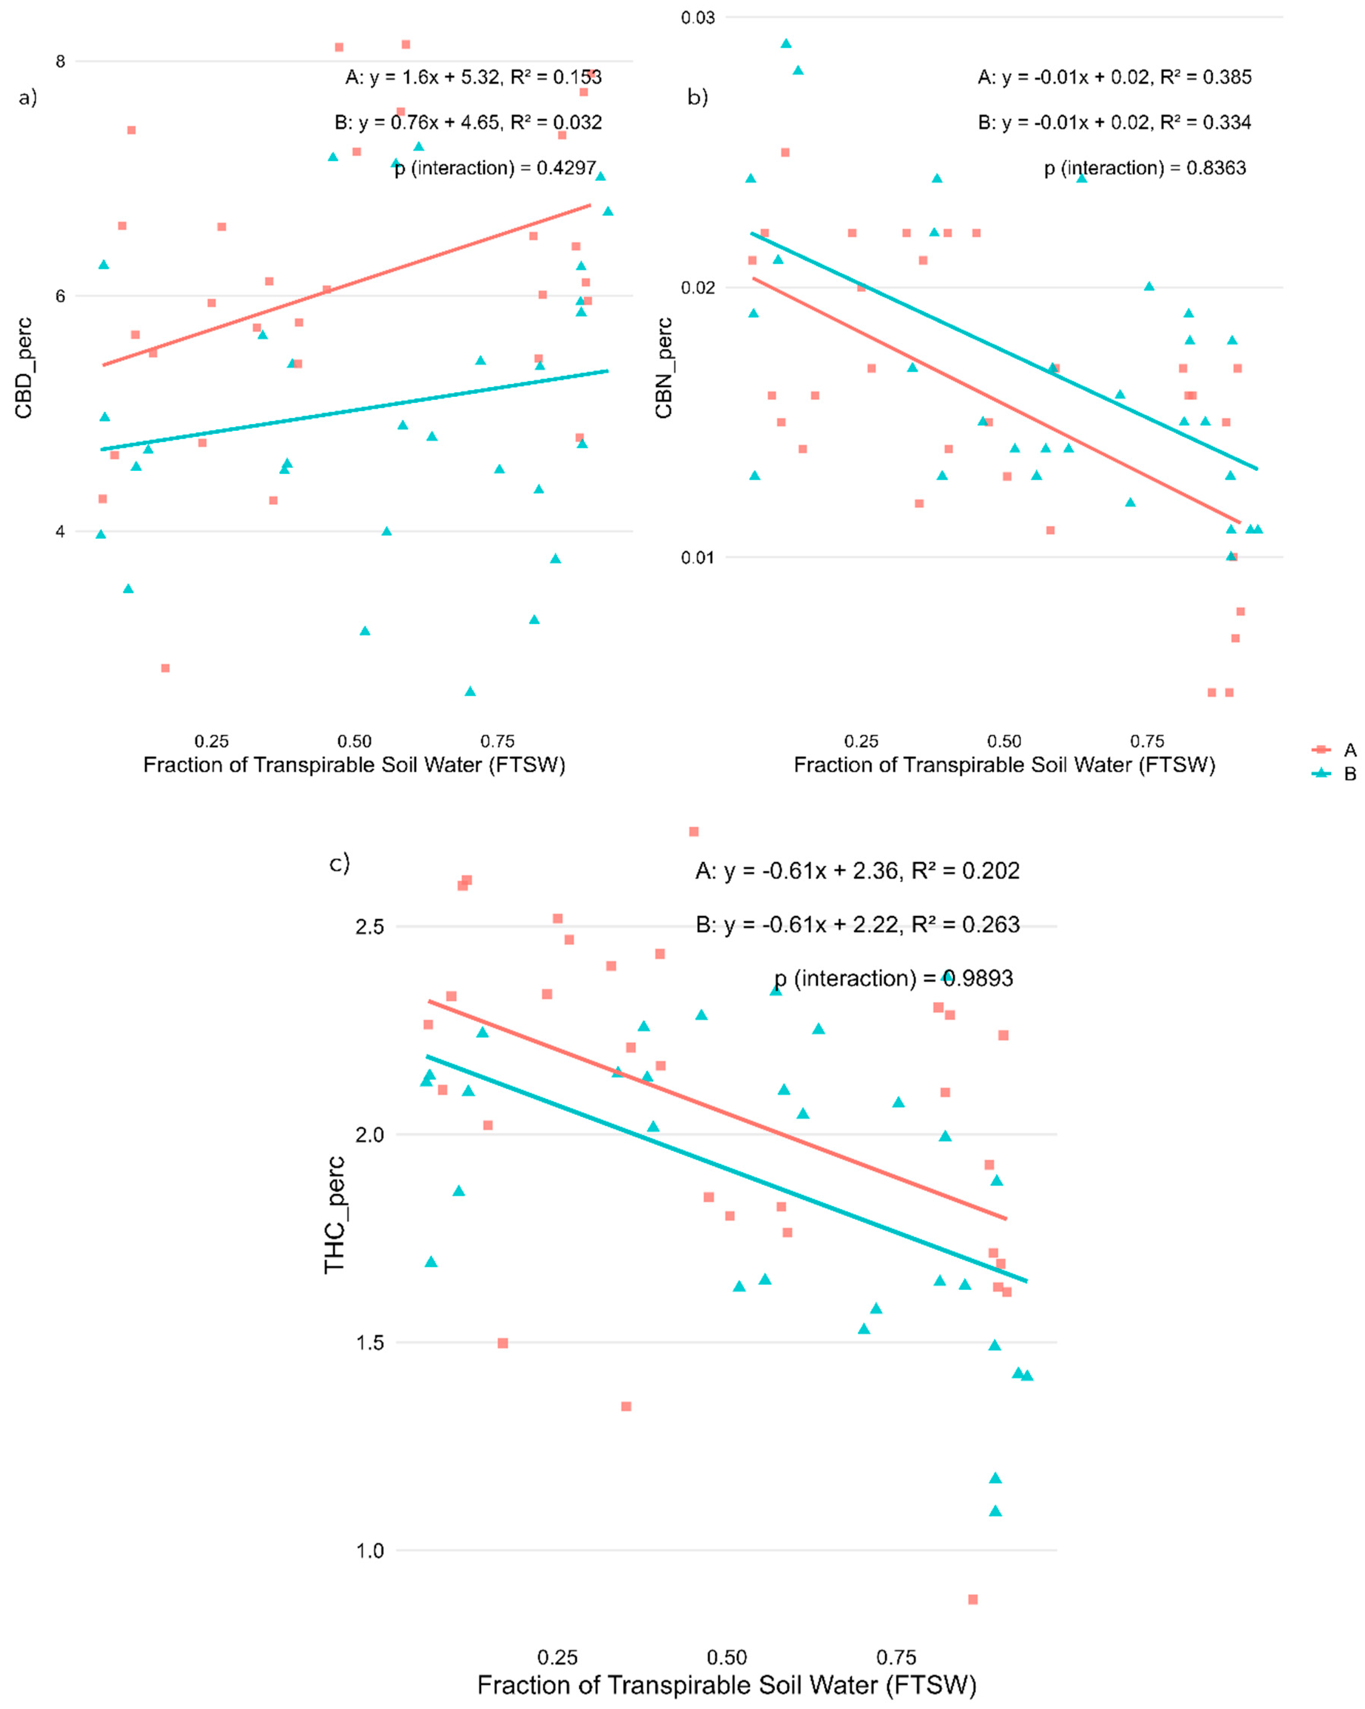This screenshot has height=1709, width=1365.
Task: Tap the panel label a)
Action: [28, 97]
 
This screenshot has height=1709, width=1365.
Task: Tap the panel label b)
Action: [697, 97]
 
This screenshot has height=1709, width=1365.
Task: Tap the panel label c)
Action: [339, 862]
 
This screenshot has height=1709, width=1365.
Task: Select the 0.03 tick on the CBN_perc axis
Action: [697, 17]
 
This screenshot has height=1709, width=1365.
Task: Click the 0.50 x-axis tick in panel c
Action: [726, 1658]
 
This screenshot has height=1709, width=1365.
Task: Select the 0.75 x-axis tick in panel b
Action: [1147, 741]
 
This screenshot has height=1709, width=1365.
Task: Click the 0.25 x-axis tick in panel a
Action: [212, 741]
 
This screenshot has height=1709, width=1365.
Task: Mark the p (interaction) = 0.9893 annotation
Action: [893, 978]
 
